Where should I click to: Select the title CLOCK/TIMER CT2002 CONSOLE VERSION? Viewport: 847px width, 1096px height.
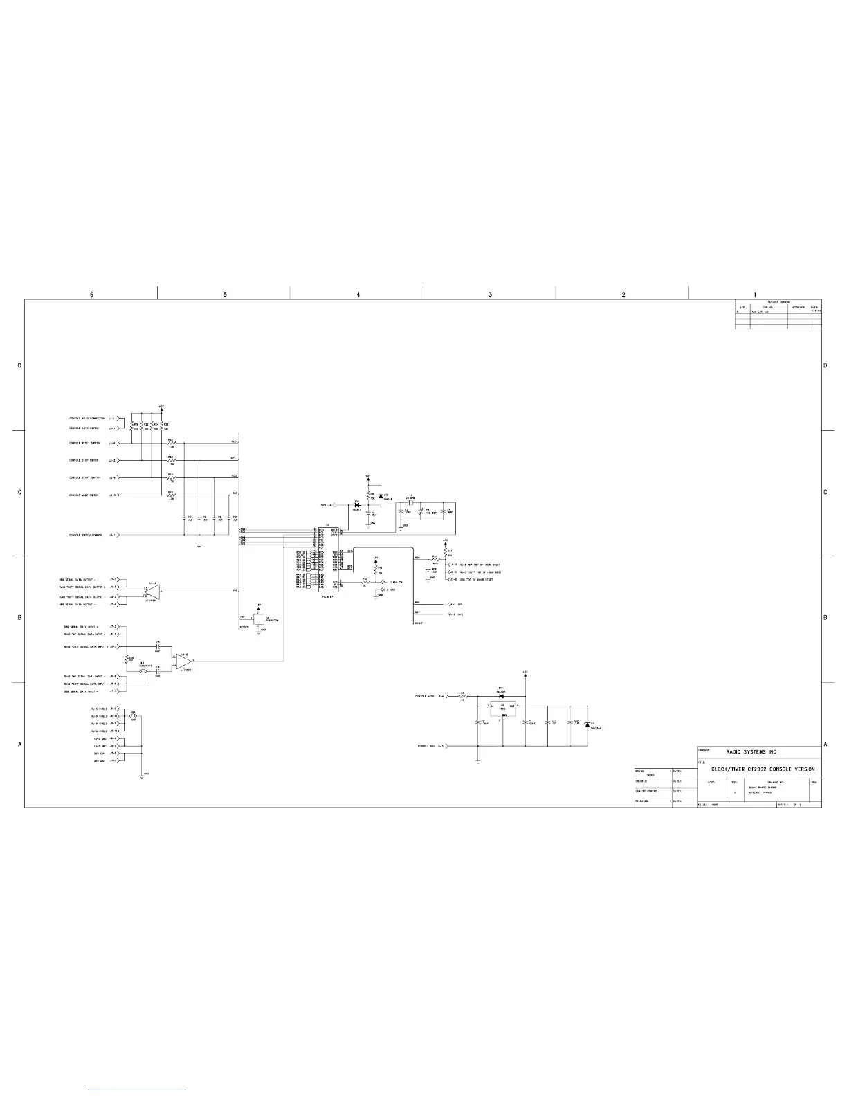(x=763, y=769)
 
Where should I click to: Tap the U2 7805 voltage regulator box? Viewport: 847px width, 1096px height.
(x=503, y=707)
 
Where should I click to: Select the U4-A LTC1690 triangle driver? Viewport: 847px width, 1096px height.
(x=152, y=590)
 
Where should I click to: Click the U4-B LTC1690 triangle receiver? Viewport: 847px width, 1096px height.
(x=184, y=660)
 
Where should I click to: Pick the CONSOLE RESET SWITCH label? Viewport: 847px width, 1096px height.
(x=84, y=443)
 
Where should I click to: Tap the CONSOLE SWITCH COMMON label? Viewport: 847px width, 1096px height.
(x=86, y=535)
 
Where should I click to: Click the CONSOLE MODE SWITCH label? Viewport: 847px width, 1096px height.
(x=84, y=495)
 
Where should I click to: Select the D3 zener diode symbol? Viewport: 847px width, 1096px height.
(x=587, y=724)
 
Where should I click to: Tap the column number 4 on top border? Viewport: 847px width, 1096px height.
(x=358, y=295)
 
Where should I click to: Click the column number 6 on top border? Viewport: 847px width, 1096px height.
(x=91, y=295)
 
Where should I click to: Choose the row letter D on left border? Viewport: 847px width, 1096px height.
(x=20, y=365)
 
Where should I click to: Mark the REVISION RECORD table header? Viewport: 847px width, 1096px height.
(x=778, y=302)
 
